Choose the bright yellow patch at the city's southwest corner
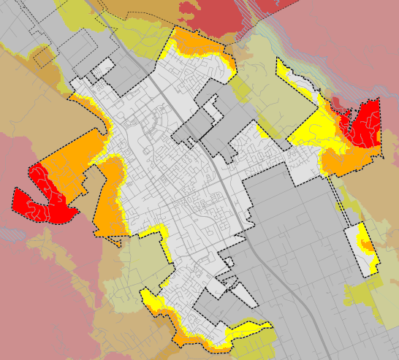click(x=153, y=300)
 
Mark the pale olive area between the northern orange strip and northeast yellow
click(x=256, y=66)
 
